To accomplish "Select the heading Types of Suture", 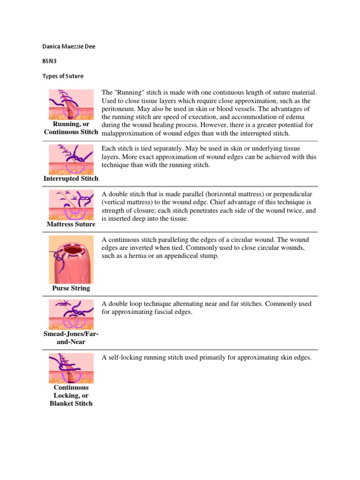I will click(63, 76).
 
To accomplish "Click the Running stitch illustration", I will click(71, 105).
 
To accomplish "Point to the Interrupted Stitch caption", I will click(71, 179).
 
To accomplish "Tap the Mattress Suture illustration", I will click(71, 205).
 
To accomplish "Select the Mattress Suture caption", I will click(71, 224).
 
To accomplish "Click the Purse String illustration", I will click(71, 259).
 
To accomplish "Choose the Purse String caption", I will click(71, 288).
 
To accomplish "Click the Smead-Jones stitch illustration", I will click(71, 314).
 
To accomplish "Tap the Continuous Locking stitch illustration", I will click(71, 368).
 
